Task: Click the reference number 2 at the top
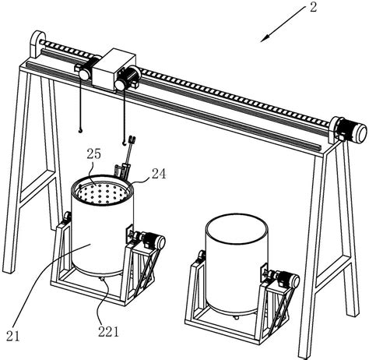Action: (x=314, y=7)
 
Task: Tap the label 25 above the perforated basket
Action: (x=93, y=154)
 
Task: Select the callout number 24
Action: (x=159, y=174)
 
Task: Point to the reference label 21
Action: (x=12, y=337)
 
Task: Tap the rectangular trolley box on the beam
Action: (x=114, y=69)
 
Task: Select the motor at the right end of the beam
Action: (x=352, y=130)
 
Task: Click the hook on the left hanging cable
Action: (x=80, y=130)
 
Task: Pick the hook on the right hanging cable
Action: (x=125, y=142)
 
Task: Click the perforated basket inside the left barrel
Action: (x=104, y=192)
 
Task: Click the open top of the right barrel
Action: (x=236, y=228)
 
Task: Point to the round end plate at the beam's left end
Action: (x=37, y=44)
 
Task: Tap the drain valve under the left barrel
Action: (x=102, y=280)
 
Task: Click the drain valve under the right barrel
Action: (x=236, y=317)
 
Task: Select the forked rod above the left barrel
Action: (x=128, y=152)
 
